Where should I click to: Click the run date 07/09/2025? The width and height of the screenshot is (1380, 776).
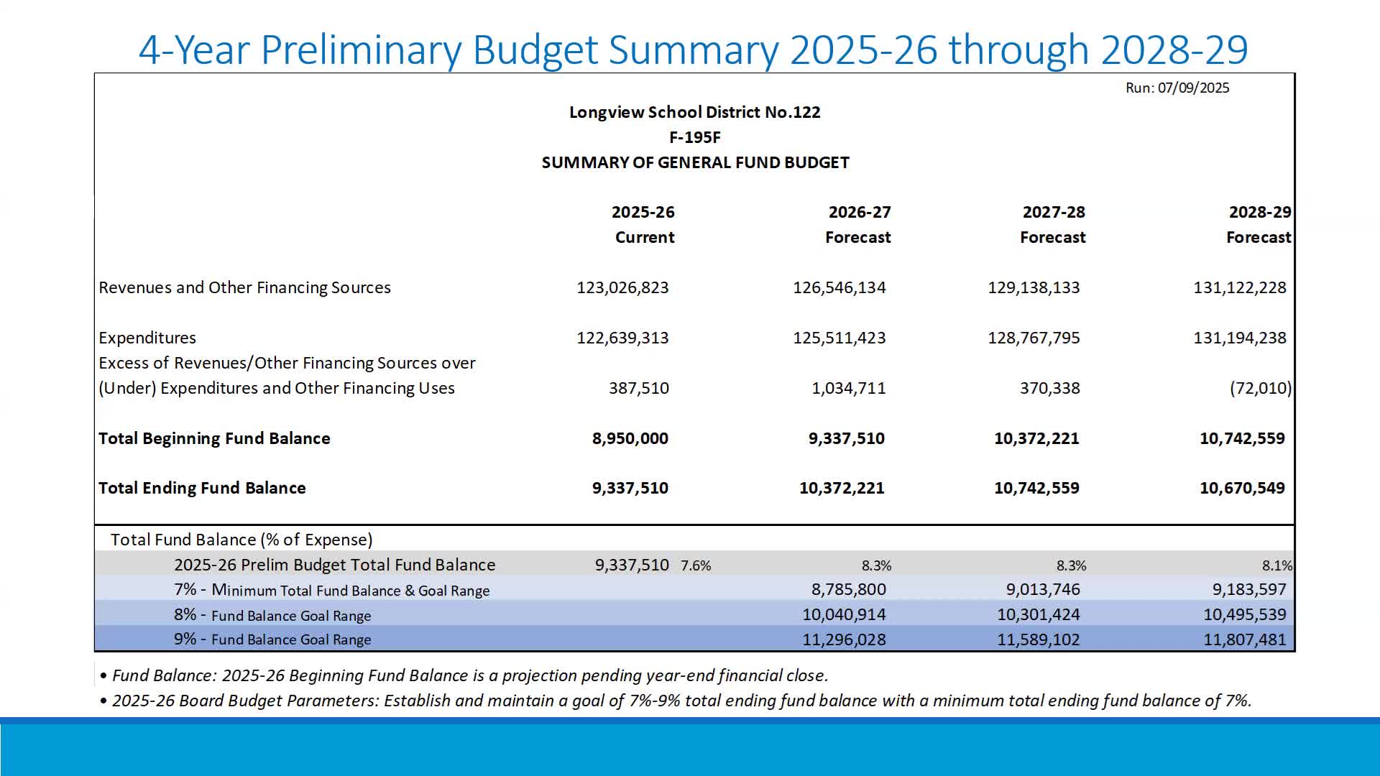click(x=1193, y=88)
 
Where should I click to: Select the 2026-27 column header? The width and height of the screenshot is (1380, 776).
click(x=859, y=212)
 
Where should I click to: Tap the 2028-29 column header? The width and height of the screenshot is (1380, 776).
click(x=1259, y=212)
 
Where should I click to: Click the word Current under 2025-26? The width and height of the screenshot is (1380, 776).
click(x=644, y=237)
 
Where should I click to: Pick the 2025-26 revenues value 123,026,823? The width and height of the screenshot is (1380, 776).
click(x=622, y=287)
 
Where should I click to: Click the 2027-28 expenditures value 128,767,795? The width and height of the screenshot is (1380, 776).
click(x=1034, y=338)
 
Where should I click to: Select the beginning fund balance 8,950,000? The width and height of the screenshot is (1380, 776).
click(x=630, y=438)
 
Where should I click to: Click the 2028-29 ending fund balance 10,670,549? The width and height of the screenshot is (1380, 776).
click(x=1241, y=488)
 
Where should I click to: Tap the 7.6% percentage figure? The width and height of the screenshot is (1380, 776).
click(x=696, y=565)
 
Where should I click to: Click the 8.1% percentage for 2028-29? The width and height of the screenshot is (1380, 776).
click(x=1276, y=565)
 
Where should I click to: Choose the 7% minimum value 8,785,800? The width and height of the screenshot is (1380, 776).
click(x=848, y=590)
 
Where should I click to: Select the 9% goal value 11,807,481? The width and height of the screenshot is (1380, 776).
click(x=1244, y=639)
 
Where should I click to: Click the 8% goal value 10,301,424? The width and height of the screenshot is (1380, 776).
click(x=1038, y=615)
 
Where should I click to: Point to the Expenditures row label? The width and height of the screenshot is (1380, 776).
click(x=147, y=338)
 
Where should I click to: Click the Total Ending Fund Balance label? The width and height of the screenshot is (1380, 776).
click(x=202, y=488)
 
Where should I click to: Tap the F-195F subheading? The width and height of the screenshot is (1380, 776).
click(x=694, y=137)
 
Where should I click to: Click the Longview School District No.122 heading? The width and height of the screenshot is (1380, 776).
click(x=694, y=112)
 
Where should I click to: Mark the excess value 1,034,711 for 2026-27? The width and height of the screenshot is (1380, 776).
click(x=848, y=388)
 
